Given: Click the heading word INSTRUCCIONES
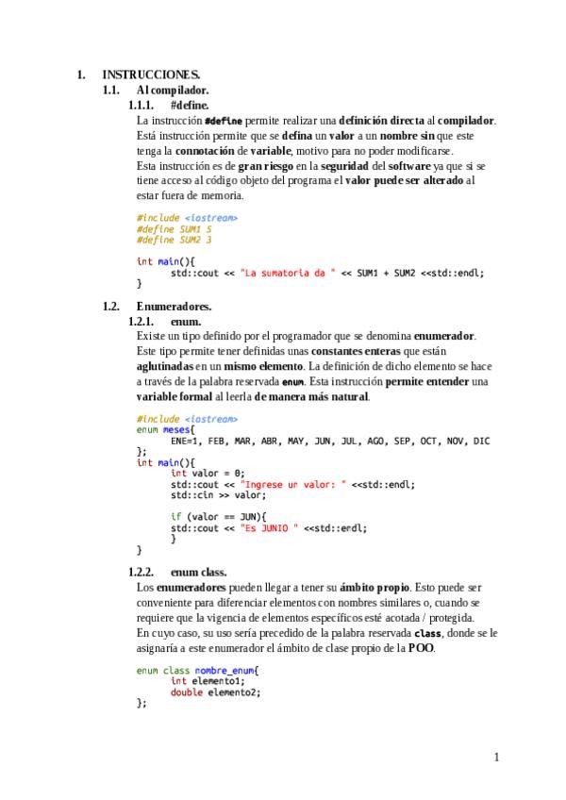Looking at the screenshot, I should (x=151, y=74).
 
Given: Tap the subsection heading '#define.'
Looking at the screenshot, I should (x=190, y=105).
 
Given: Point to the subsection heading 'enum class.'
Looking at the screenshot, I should (x=198, y=573).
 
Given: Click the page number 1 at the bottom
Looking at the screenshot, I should (x=496, y=757).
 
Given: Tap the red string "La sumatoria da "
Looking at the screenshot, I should (x=288, y=273).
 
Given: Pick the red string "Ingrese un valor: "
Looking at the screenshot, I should (x=300, y=484).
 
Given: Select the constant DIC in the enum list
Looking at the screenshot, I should (x=481, y=441).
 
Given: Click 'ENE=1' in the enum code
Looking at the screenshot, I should (x=185, y=441).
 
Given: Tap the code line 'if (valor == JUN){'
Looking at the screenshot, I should (x=219, y=517).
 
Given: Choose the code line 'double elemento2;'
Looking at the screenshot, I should (x=215, y=692).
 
